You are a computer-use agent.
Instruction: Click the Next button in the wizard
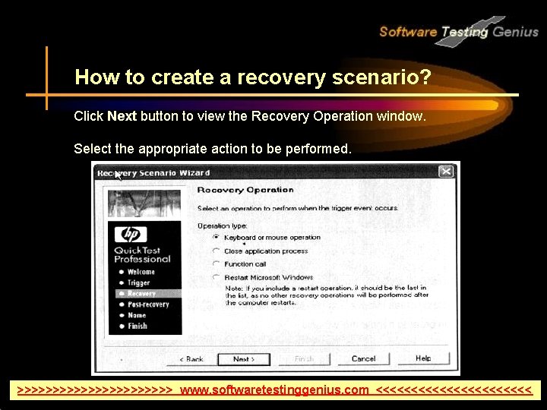(243, 359)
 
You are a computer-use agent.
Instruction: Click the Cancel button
(363, 359)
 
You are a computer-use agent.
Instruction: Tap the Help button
(423, 358)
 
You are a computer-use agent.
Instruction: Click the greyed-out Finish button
(304, 359)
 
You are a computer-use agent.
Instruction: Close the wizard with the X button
(446, 172)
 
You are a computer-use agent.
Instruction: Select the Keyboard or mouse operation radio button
(217, 238)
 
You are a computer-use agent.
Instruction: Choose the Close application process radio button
(217, 251)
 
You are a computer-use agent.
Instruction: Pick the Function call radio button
(217, 264)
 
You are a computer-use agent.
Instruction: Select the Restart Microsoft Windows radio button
(217, 278)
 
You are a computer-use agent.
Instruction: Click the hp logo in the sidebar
(134, 235)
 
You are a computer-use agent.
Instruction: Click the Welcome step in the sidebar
(141, 272)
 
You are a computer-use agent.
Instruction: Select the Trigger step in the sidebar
(138, 283)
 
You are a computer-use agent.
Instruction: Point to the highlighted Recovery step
(141, 294)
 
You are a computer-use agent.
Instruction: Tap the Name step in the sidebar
(136, 315)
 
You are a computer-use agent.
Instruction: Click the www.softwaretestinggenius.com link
(274, 390)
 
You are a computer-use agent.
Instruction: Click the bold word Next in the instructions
(122, 117)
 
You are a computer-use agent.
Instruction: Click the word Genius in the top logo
(515, 32)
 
